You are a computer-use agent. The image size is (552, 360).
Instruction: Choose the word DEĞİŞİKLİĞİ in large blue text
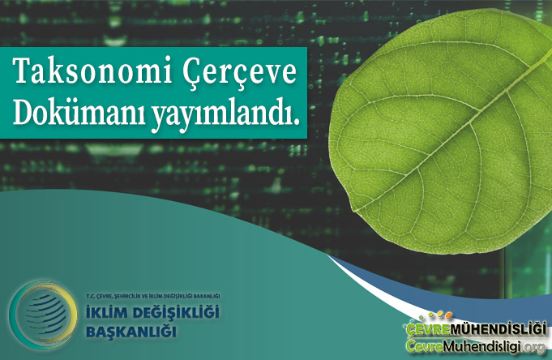tap(177, 314)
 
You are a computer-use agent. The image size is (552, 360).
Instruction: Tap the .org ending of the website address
tap(537, 347)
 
